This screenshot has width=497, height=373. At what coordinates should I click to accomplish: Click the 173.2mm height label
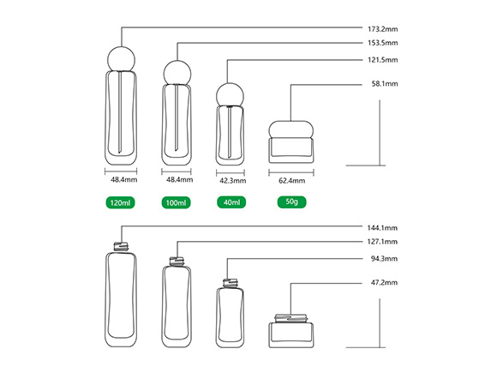click(382, 29)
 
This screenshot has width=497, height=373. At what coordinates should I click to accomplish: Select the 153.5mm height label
click(382, 43)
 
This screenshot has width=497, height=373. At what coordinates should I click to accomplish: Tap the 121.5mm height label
click(382, 60)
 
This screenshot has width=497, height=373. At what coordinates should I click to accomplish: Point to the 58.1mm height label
click(385, 84)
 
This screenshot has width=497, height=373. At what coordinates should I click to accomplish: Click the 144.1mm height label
click(382, 228)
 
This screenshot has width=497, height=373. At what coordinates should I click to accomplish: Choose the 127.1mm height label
click(382, 242)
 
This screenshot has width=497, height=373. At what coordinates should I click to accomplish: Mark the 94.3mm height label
click(384, 259)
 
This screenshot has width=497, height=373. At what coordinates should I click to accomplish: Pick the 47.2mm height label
click(384, 283)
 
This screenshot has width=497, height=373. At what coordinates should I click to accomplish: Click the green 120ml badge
click(121, 202)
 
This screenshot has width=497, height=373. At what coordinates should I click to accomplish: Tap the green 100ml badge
click(177, 202)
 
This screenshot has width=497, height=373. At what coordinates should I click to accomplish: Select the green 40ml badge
click(231, 202)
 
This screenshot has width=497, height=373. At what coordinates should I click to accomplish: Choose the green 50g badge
click(291, 202)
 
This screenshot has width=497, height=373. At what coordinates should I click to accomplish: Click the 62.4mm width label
click(292, 181)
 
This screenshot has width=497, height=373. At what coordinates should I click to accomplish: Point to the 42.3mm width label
click(233, 181)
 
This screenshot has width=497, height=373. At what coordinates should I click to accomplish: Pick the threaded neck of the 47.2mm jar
click(291, 318)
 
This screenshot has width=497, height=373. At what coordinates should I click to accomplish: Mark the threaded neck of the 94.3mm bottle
click(231, 283)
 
